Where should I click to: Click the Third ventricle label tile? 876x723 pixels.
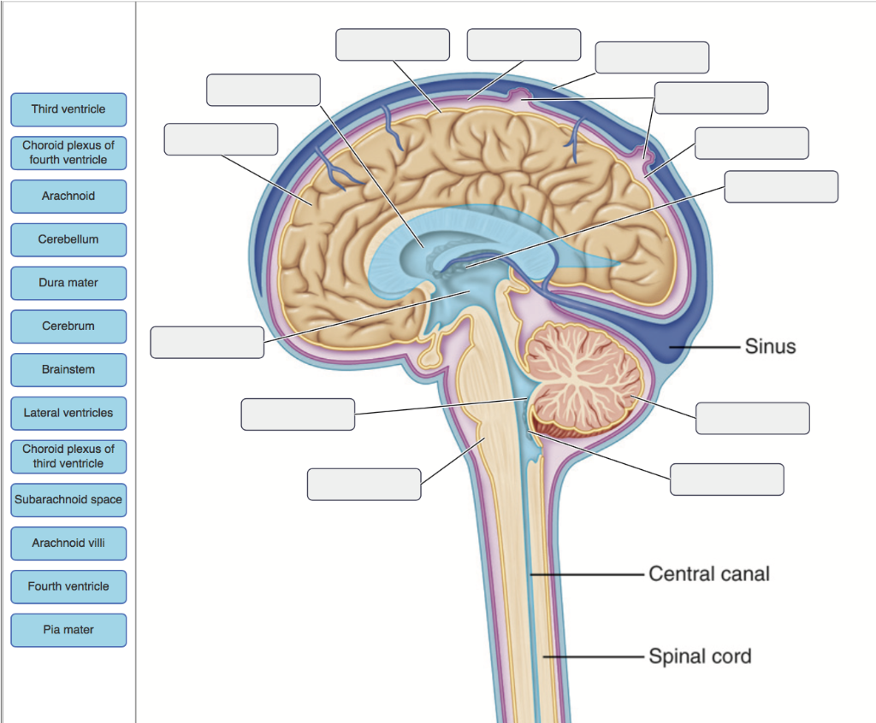(68, 109)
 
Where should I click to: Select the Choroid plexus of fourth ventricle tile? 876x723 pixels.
(68, 153)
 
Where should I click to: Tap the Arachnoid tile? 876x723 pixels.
(68, 197)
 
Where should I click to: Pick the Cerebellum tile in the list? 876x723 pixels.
(68, 240)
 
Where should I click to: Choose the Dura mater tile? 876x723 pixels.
(68, 283)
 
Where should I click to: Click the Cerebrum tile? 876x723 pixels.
(68, 326)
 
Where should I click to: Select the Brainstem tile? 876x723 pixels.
(68, 370)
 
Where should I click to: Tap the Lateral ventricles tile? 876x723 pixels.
(68, 414)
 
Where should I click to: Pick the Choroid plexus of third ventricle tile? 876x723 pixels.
(68, 456)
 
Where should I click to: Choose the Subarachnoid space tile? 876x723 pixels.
(68, 500)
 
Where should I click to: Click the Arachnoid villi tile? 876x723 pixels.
(68, 544)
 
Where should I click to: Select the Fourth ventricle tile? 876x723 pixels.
(68, 587)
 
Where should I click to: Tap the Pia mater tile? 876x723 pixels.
(68, 630)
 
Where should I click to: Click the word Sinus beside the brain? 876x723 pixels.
(770, 347)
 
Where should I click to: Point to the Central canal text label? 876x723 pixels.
(709, 573)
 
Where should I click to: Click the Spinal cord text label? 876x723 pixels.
(700, 656)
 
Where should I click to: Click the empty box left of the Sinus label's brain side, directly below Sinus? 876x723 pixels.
(752, 418)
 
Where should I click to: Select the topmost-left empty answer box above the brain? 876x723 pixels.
(393, 44)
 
